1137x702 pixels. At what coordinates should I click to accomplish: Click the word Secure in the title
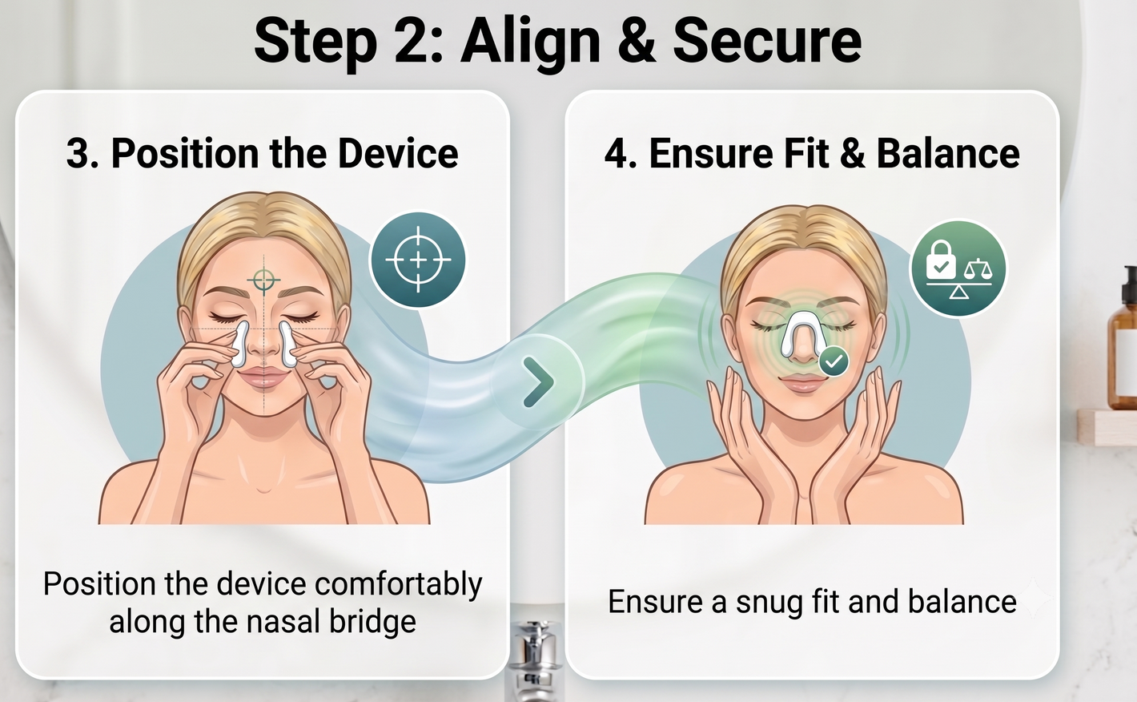[767, 40]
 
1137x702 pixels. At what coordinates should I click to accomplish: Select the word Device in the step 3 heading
[398, 153]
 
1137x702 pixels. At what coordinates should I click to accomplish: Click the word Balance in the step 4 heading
[948, 153]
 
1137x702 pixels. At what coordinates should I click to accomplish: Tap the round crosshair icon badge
[418, 260]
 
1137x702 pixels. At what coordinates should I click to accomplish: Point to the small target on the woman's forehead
[263, 280]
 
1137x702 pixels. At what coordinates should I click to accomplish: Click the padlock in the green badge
[941, 260]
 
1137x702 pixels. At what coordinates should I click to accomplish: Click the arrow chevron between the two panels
[540, 382]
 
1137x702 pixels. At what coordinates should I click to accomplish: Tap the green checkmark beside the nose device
[834, 361]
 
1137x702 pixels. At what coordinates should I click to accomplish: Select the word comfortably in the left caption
[399, 585]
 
